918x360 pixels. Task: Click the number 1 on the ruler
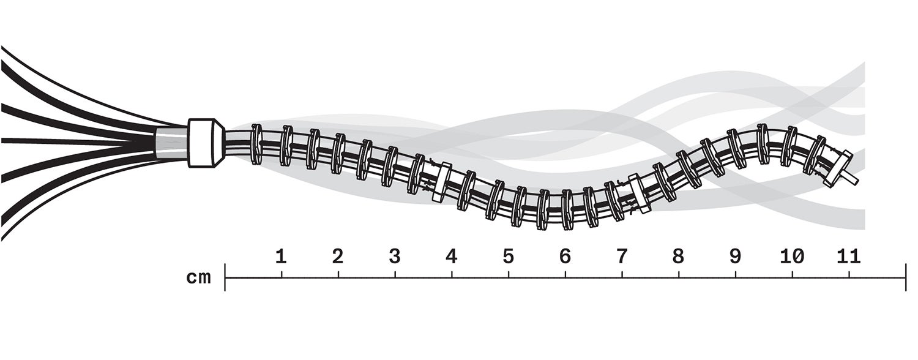click(x=281, y=257)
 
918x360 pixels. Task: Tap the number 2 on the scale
click(x=338, y=257)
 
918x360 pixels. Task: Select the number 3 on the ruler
click(x=394, y=257)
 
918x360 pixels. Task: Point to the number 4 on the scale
click(x=451, y=257)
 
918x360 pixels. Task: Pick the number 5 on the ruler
click(x=508, y=257)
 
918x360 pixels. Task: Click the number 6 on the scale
click(x=565, y=257)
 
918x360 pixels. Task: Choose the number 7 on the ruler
click(x=622, y=257)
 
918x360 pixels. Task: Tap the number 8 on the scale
click(x=679, y=257)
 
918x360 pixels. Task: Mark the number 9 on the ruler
click(x=735, y=257)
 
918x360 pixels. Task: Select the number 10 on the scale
click(x=792, y=257)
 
